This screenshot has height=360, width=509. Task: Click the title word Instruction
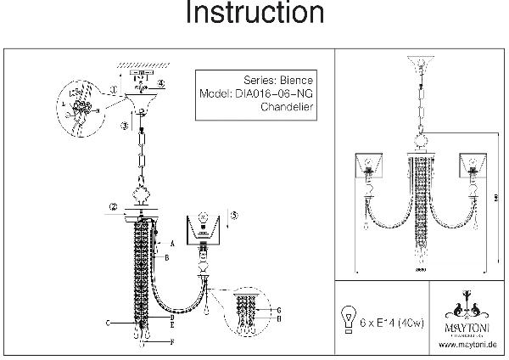click(254, 14)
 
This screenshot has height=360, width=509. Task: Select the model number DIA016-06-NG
click(271, 94)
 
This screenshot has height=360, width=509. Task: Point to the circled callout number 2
click(112, 207)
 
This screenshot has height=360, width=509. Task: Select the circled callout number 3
click(124, 126)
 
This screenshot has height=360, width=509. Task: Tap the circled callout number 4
click(161, 82)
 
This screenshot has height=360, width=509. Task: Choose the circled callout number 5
click(235, 216)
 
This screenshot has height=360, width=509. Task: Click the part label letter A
click(171, 244)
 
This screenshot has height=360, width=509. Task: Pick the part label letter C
click(109, 324)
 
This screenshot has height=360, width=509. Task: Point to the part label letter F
click(172, 341)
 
